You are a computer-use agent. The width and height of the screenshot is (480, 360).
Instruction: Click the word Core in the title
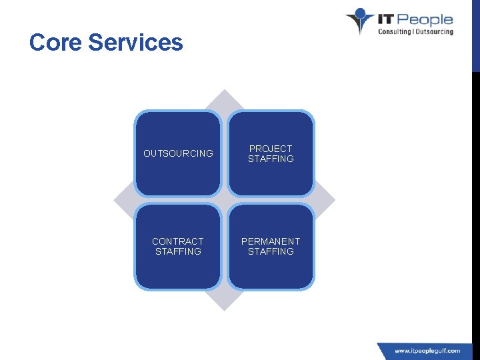(x=55, y=43)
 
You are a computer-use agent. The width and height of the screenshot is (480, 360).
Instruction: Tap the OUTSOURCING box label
(x=177, y=153)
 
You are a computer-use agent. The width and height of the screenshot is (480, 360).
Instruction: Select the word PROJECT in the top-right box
(x=271, y=148)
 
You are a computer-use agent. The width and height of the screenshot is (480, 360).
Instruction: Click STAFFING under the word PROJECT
(x=271, y=159)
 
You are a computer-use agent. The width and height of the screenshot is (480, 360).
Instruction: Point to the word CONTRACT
(x=177, y=241)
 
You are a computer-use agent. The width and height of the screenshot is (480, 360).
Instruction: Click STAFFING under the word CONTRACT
(x=177, y=251)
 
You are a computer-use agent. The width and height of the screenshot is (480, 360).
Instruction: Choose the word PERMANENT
(x=271, y=241)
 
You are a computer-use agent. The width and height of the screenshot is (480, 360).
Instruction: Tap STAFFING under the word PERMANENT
(x=271, y=251)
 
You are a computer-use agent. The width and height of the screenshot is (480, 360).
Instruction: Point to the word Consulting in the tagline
(x=395, y=31)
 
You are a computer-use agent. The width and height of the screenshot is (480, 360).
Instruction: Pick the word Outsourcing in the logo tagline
(x=434, y=31)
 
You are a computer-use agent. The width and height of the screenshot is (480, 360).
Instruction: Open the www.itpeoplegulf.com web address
(x=427, y=351)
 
